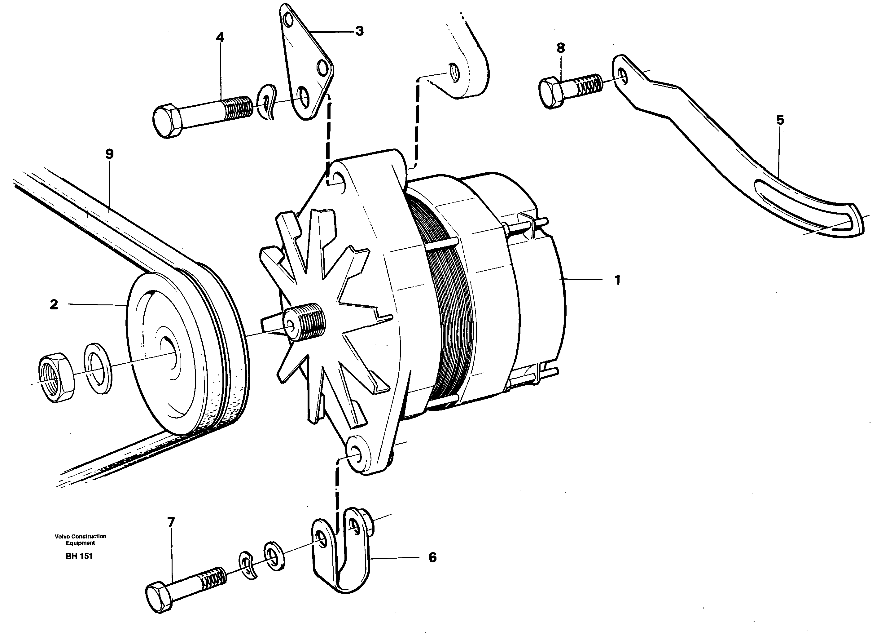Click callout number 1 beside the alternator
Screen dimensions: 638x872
tap(617, 280)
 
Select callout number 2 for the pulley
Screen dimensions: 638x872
tap(54, 305)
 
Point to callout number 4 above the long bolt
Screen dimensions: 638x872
tap(220, 38)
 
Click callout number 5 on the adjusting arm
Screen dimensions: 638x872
tap(780, 120)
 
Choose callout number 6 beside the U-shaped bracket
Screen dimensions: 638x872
tap(432, 557)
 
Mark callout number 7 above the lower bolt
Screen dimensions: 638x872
tap(171, 522)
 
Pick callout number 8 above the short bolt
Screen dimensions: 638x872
tap(561, 48)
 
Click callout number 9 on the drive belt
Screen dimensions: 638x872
tap(110, 154)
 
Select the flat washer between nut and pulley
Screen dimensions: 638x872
tap(98, 366)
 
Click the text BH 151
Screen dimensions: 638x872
tap(79, 556)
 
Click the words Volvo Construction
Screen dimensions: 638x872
tap(80, 536)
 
